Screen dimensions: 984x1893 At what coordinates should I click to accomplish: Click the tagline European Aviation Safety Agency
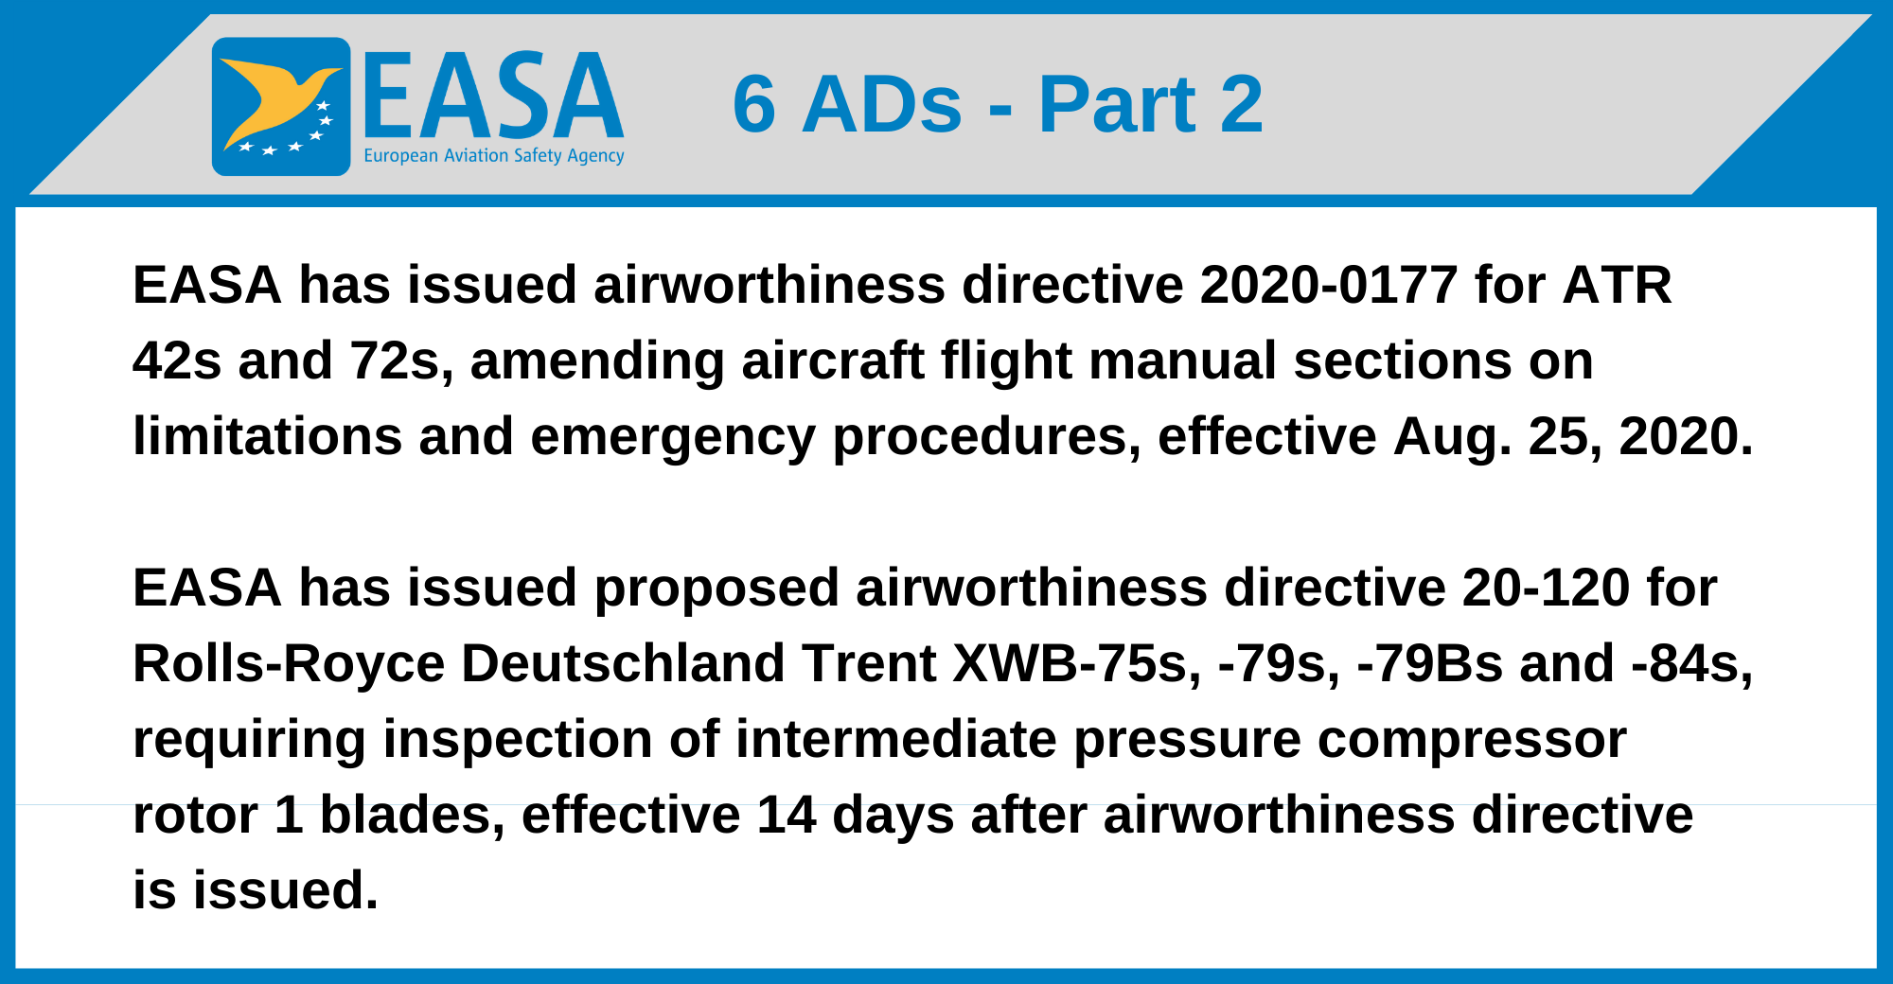[x=493, y=156]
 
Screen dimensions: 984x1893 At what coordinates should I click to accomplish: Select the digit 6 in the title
[x=754, y=104]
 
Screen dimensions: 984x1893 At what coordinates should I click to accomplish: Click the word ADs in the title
[x=882, y=104]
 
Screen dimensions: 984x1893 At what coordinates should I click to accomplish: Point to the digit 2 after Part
[x=1241, y=104]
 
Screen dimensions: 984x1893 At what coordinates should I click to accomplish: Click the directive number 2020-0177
[x=1329, y=285]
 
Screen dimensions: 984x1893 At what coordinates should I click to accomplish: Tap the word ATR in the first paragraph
[x=1617, y=285]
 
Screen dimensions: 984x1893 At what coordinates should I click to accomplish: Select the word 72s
[x=397, y=360]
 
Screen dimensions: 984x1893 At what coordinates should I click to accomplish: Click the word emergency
[x=673, y=437]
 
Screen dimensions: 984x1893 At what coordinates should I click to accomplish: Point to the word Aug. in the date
[x=1452, y=437]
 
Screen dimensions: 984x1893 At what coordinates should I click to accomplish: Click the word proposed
[x=717, y=589]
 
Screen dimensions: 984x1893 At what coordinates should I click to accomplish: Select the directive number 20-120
[x=1545, y=589]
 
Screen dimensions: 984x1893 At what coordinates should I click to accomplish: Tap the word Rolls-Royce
[x=289, y=663]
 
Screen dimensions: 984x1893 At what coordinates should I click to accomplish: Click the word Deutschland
[x=623, y=663]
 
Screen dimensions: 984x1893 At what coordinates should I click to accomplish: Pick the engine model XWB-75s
[x=1077, y=663]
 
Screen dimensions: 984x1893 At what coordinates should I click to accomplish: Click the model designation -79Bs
[x=1429, y=663]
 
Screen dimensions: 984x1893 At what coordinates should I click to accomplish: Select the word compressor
[x=1472, y=739]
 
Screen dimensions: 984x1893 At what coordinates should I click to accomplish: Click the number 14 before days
[x=786, y=815]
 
